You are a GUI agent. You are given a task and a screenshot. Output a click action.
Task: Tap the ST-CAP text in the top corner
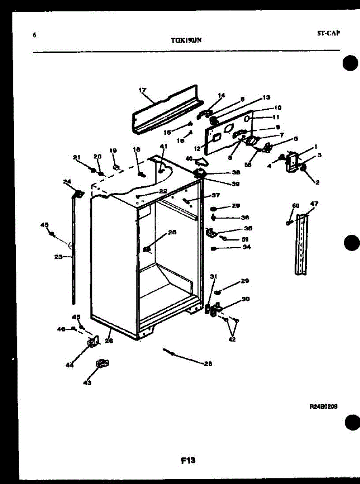pos(328,33)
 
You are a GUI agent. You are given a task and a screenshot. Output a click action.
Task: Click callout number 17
pos(142,90)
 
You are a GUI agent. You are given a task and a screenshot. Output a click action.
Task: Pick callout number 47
pos(314,204)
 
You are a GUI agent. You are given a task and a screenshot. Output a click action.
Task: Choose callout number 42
pos(232,339)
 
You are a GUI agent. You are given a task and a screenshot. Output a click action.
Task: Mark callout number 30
pos(245,299)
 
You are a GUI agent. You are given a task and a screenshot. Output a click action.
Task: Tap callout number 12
pos(197,148)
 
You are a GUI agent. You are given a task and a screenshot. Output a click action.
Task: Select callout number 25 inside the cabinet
pos(172,232)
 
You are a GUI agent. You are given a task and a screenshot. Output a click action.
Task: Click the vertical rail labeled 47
pos(301,246)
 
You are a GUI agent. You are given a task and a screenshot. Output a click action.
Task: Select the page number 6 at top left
pos(34,35)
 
